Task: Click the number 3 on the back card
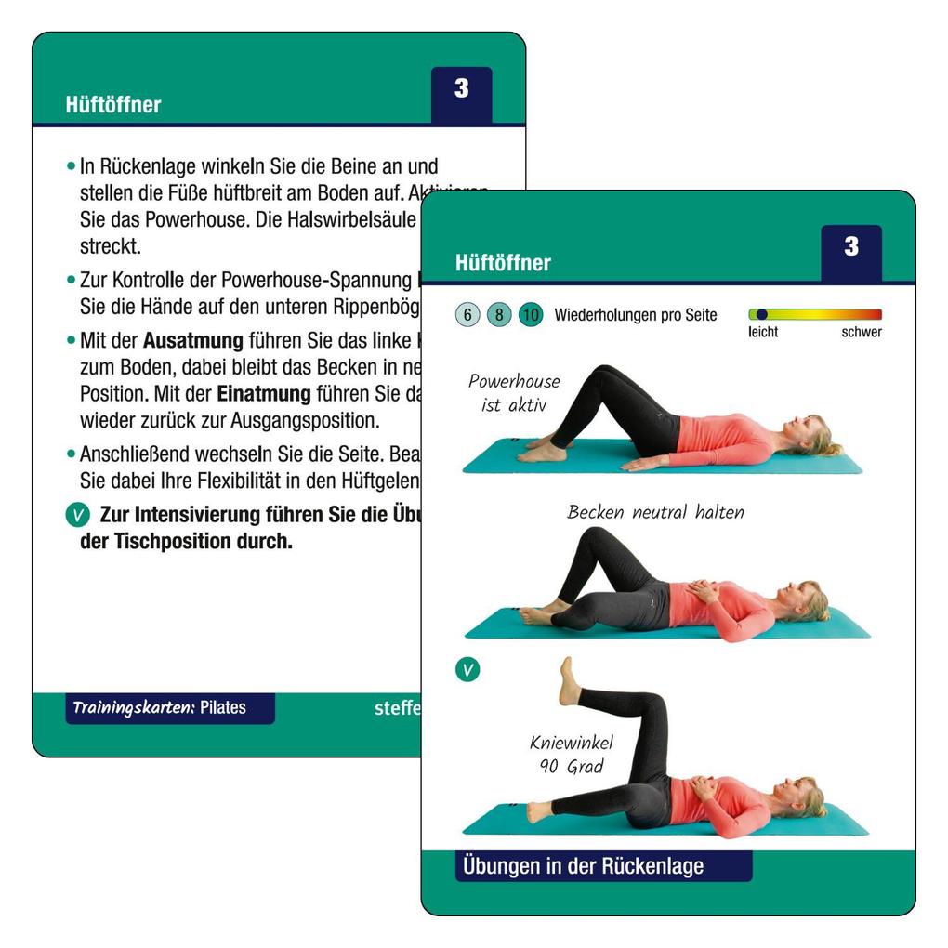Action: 462,89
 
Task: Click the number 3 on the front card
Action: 851,247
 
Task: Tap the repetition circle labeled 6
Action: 467,315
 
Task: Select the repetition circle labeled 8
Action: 499,315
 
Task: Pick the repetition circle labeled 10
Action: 531,315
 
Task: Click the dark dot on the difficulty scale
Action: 762,314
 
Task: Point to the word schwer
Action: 862,332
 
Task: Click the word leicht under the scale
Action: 763,332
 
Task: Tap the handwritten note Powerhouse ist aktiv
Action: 514,392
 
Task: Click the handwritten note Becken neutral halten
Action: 655,512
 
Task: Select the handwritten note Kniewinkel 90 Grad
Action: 566,754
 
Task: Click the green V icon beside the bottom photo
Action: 467,669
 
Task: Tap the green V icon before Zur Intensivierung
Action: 78,515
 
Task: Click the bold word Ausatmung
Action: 192,340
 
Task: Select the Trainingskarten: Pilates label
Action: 169,707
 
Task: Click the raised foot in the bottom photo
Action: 567,680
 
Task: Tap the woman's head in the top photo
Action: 807,433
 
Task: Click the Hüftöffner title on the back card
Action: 112,105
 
